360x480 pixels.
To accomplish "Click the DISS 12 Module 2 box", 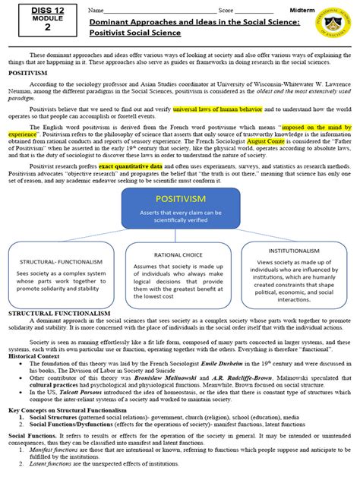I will click(47, 18).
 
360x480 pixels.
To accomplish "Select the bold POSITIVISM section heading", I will click(28, 74).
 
